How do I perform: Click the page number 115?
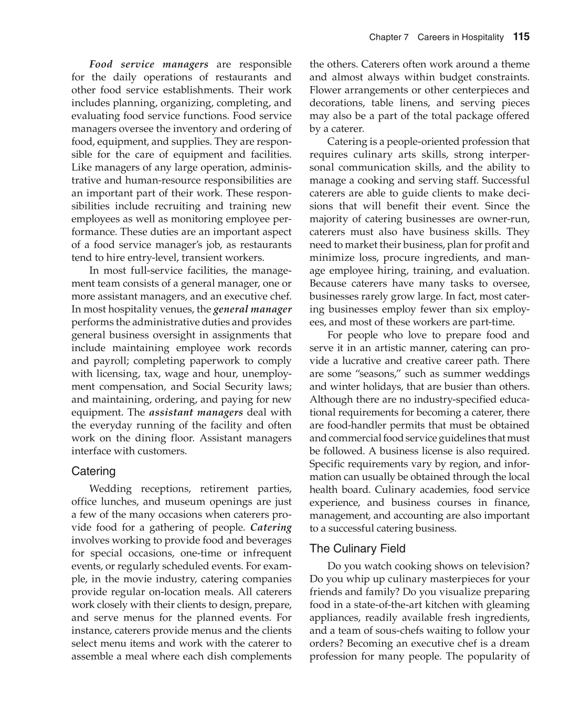[x=521, y=37]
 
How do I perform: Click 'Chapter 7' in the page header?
[x=388, y=37]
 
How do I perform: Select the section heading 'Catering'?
[x=93, y=471]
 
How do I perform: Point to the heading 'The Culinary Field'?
[x=357, y=549]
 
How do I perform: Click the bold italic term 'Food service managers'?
[x=149, y=65]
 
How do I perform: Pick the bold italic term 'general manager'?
[x=252, y=309]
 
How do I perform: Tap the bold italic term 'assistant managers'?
[x=196, y=412]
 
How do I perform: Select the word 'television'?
[x=502, y=566]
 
